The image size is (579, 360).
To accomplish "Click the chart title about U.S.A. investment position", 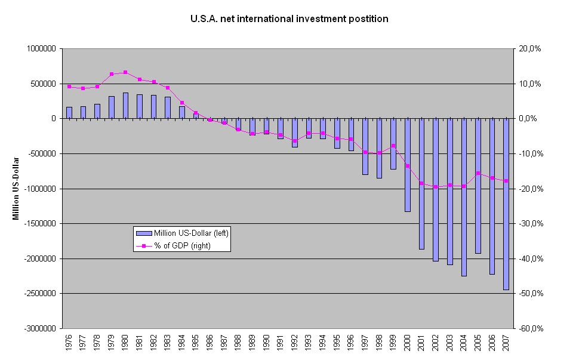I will point(289,19).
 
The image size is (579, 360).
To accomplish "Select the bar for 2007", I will point(506,204).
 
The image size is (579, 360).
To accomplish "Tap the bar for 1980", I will point(125,106).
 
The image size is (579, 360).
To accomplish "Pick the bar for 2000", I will point(408,165).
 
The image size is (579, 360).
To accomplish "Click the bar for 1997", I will point(365,146).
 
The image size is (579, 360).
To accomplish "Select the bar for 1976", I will point(69,113).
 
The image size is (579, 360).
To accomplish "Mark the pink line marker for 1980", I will point(125,72).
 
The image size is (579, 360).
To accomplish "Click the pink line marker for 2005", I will point(478,173).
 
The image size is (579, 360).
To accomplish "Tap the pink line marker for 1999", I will point(393,146).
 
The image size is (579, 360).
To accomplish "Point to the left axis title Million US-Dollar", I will point(17,188).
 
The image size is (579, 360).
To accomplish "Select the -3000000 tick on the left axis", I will point(39,328).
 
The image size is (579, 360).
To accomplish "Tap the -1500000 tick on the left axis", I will point(39,224).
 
